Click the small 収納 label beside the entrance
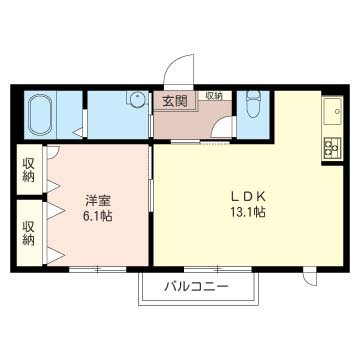pyautogui.click(x=213, y=95)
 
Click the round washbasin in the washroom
pyautogui.click(x=132, y=100)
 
